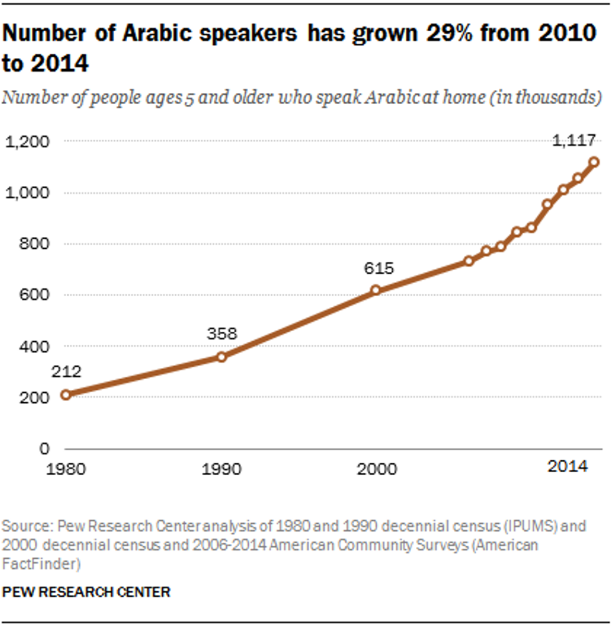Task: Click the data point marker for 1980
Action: pos(65,395)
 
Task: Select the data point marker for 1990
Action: pos(221,357)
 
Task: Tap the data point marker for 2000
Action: pos(375,290)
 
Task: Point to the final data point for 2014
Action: pos(594,162)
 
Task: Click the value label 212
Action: pos(67,372)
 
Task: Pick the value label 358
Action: pos(222,334)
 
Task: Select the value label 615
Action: pos(378,269)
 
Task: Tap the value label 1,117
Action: pos(575,140)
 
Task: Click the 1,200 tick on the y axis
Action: pos(27,142)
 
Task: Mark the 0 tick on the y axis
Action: pos(44,448)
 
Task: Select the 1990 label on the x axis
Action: pos(222,468)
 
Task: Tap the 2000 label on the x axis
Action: pos(377,468)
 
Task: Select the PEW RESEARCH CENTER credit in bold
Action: pos(87,592)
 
